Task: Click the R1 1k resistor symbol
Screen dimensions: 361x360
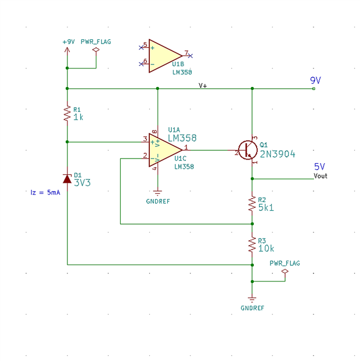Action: (67, 114)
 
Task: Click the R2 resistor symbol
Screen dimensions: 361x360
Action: (252, 204)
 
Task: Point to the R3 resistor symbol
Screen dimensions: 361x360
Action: (252, 244)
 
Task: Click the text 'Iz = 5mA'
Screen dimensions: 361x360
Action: (45, 192)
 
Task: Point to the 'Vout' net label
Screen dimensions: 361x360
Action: (321, 175)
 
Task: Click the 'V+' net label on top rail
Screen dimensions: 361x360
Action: (203, 85)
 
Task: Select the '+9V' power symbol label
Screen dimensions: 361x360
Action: (69, 42)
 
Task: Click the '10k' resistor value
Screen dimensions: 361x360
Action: (267, 248)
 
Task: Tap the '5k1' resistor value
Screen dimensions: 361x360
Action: (266, 208)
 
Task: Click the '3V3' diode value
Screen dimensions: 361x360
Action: (82, 182)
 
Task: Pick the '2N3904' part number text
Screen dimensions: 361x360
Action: (278, 154)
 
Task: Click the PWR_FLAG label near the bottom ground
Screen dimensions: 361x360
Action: (285, 263)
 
